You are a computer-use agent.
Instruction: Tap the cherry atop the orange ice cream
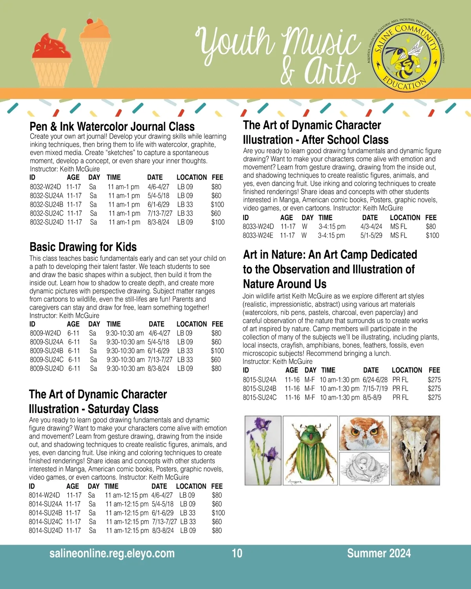tap(91, 20)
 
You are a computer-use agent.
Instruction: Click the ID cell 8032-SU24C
tap(46, 213)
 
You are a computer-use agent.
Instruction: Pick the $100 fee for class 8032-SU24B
tap(217, 205)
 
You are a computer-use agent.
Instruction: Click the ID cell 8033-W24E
tap(258, 236)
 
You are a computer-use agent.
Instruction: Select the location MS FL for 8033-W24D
tap(398, 227)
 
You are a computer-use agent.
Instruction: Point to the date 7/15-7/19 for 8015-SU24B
tap(375, 389)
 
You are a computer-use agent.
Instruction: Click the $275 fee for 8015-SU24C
tap(434, 397)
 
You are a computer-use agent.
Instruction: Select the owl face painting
tap(365, 433)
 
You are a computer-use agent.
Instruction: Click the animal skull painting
tap(416, 451)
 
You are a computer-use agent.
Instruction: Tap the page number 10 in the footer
tap(237, 554)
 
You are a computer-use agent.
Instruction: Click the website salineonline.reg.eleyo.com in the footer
tap(112, 554)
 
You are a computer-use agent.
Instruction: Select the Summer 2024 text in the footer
tap(379, 554)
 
